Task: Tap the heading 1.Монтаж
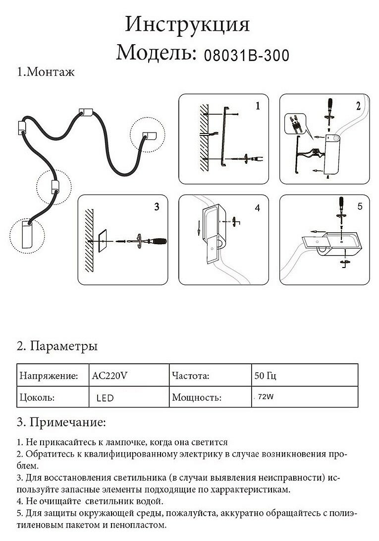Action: point(46,72)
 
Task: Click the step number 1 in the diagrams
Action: point(258,106)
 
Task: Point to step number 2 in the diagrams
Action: point(358,106)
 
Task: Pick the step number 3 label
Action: point(157,207)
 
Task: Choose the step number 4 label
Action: point(257,208)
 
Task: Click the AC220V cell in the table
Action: point(110,376)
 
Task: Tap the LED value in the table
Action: point(106,398)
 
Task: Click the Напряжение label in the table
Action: point(48,376)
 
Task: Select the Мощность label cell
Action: point(196,398)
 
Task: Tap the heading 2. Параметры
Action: point(57,345)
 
